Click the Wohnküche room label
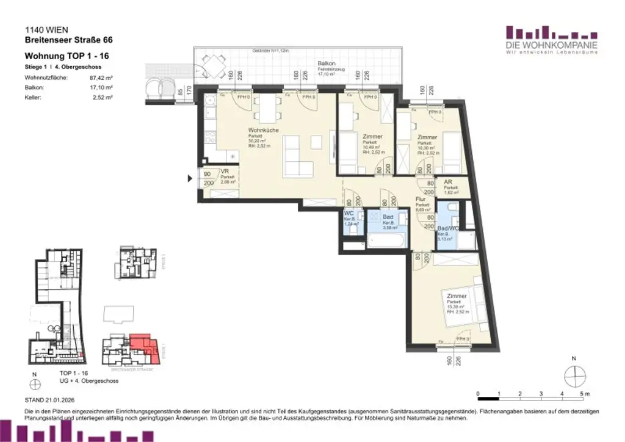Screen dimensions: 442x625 [263, 130]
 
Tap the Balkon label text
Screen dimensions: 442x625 [324, 64]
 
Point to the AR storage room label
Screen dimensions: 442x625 [447, 183]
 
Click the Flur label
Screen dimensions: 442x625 [421, 200]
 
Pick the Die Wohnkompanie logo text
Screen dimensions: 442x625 [551, 45]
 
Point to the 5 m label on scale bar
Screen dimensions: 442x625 [585, 393]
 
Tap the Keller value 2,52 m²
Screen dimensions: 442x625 [103, 96]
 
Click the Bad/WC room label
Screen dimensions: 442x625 [448, 228]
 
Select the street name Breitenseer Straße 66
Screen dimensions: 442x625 [68, 40]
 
